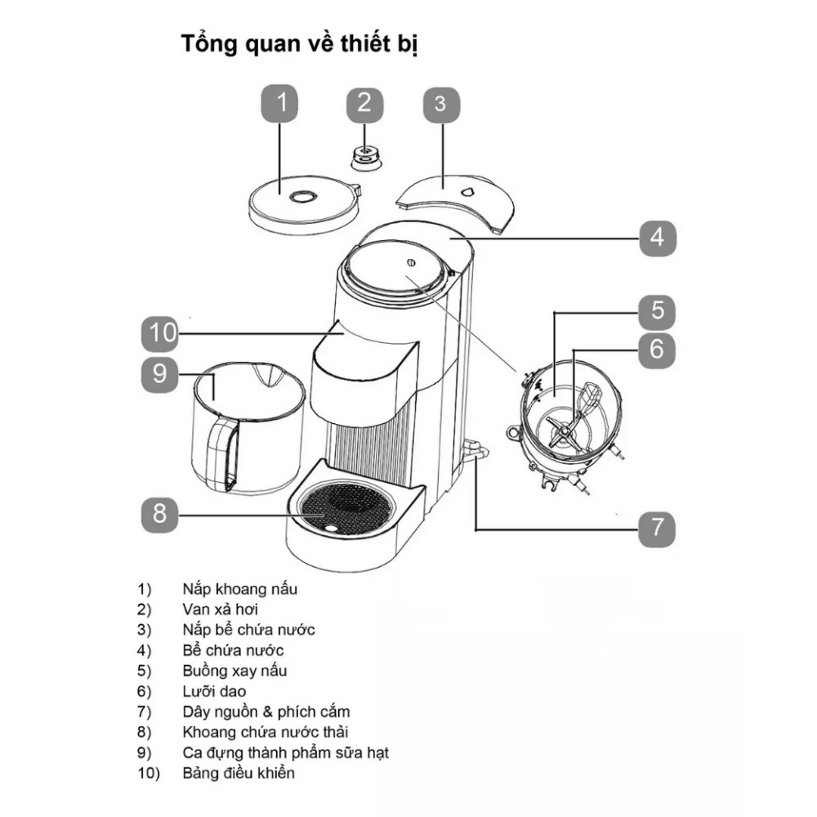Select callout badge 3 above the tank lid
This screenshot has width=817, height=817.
pyautogui.click(x=440, y=104)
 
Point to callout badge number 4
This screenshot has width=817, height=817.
pyautogui.click(x=658, y=238)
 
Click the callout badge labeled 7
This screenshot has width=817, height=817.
pyautogui.click(x=658, y=527)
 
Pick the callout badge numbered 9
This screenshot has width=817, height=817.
pyautogui.click(x=159, y=373)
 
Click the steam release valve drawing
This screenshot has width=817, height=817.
pyautogui.click(x=367, y=155)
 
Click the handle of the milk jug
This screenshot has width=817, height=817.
pyautogui.click(x=221, y=453)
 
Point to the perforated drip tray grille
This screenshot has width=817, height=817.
pyautogui.click(x=346, y=511)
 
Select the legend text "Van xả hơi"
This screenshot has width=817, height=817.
pyautogui.click(x=221, y=609)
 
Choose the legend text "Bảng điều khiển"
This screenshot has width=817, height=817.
pyautogui.click(x=239, y=773)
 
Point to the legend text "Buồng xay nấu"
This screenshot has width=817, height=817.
pyautogui.click(x=235, y=671)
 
